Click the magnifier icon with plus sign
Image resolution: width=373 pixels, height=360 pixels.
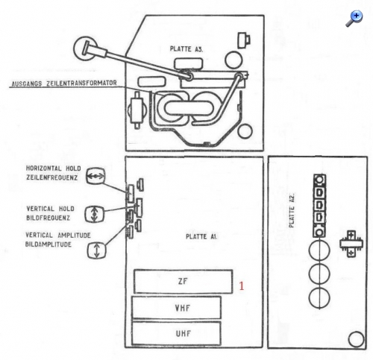click(x=354, y=19)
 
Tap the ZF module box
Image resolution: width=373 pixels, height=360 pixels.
click(x=184, y=282)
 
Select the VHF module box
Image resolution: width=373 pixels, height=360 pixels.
click(x=176, y=308)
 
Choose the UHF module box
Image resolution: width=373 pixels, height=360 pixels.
click(x=176, y=333)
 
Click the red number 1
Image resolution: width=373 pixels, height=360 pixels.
click(x=242, y=286)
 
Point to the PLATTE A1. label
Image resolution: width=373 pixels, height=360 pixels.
click(x=201, y=237)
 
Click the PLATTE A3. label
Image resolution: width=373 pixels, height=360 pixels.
click(x=186, y=49)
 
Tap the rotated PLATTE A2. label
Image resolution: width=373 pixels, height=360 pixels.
click(x=292, y=210)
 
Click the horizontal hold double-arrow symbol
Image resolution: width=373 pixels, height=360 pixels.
click(x=95, y=176)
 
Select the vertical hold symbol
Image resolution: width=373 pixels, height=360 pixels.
click(x=94, y=214)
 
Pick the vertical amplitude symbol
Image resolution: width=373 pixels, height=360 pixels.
click(x=97, y=250)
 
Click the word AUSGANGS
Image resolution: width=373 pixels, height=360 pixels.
click(x=27, y=83)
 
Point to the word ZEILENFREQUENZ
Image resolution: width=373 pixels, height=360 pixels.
click(x=52, y=178)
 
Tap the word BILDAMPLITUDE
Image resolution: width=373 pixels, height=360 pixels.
click(x=48, y=244)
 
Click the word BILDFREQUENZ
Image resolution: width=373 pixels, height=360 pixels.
click(x=48, y=218)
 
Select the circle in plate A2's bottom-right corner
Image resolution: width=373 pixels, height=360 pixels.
click(x=356, y=339)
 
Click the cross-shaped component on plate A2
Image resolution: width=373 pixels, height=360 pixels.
click(x=351, y=244)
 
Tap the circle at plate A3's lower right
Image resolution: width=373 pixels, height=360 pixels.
click(x=245, y=131)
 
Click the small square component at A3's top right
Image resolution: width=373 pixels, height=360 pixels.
click(x=244, y=40)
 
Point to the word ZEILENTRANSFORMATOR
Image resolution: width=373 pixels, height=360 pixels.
click(x=82, y=83)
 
